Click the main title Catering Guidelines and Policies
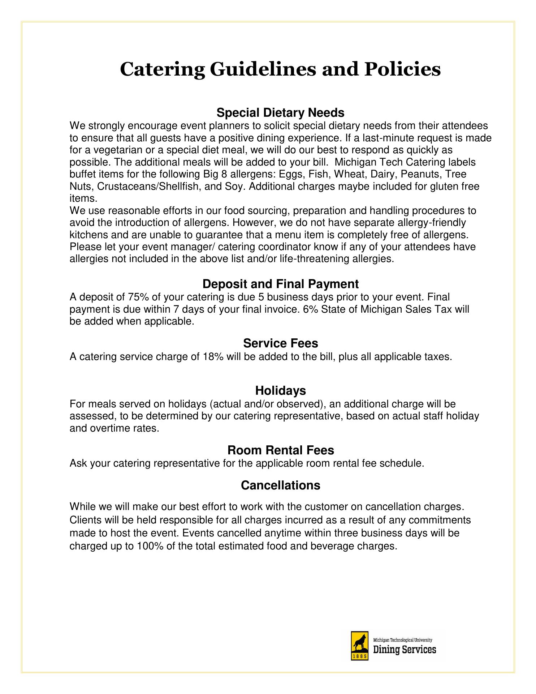pos(280,69)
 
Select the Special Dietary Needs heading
pos(280,113)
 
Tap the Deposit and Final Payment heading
pos(280,284)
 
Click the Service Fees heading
pos(280,343)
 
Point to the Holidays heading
pos(280,390)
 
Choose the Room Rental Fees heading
pos(280,450)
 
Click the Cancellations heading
pos(280,485)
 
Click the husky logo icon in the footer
pos(359,646)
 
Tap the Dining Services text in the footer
pos(405,650)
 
